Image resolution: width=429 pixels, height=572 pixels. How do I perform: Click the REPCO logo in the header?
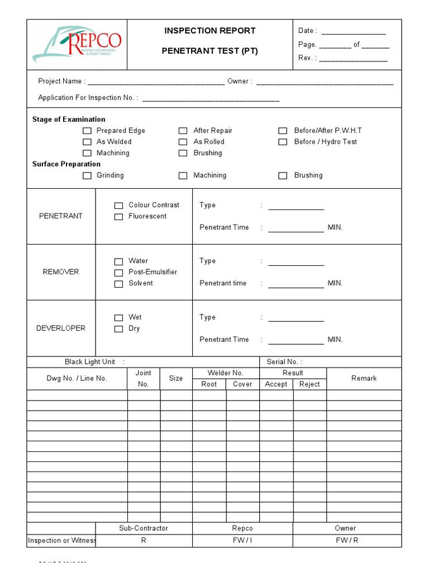coord(77,45)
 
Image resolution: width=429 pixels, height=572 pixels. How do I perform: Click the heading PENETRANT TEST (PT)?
coord(209,51)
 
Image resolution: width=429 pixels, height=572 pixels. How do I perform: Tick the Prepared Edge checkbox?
coord(87,131)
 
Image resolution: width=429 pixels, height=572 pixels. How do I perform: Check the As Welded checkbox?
coord(87,142)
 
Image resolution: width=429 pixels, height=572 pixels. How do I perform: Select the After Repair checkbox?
coord(183,131)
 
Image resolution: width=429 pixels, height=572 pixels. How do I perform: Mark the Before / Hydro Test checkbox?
coord(283,142)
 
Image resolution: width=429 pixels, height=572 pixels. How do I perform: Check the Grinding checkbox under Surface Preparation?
coord(87,175)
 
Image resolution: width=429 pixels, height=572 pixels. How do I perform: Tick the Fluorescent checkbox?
coord(118,217)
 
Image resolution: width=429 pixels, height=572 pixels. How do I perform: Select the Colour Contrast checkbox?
coord(118,206)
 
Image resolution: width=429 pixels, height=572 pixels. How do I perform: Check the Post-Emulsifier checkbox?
coord(118,273)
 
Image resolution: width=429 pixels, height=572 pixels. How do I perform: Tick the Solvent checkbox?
coord(118,284)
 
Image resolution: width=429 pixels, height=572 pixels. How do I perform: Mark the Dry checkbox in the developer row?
coord(118,329)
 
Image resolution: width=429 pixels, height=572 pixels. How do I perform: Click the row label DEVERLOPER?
coord(61,328)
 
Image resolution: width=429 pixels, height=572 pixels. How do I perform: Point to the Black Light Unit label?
coord(90,362)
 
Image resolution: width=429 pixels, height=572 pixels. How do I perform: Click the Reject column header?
coord(309,384)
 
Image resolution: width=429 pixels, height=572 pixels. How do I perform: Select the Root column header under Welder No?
coord(209,384)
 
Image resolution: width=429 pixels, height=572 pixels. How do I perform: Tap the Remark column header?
coord(364,378)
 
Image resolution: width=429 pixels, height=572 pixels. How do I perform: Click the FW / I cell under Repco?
coord(242,541)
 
